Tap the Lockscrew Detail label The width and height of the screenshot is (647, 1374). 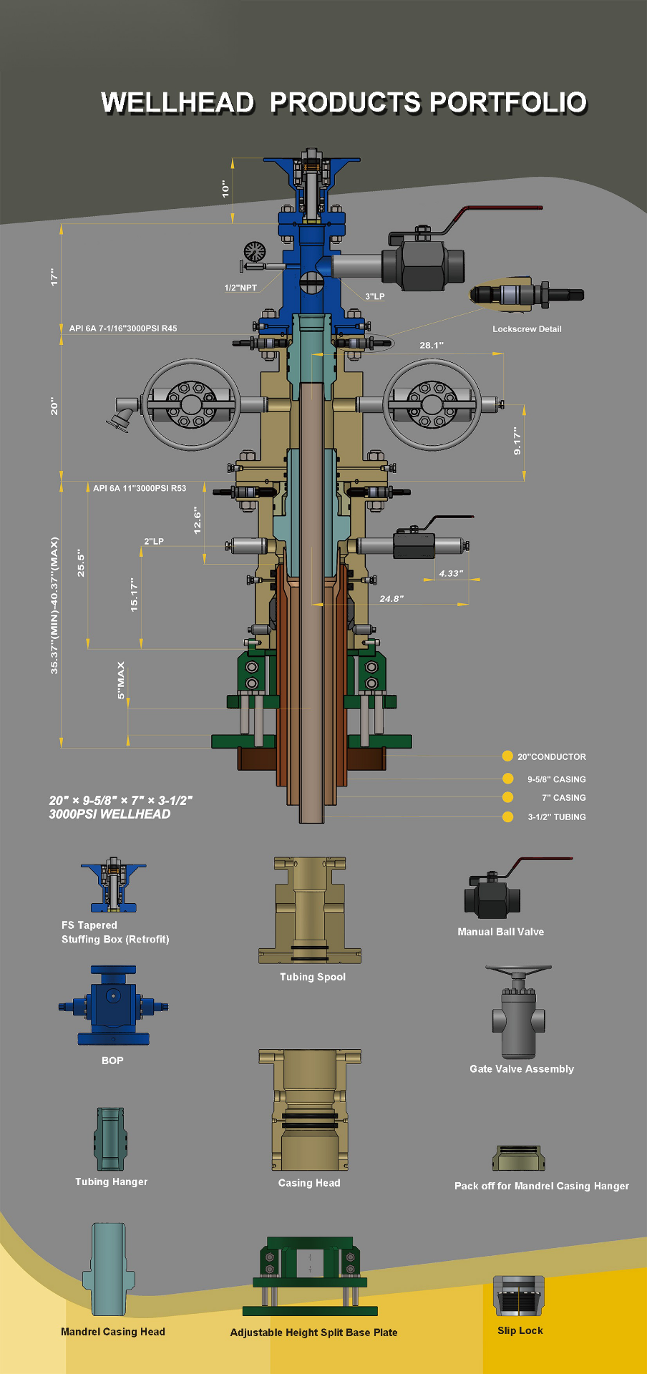[x=527, y=329]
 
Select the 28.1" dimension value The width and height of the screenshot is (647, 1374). [x=432, y=345]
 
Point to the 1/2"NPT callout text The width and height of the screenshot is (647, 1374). [x=240, y=288]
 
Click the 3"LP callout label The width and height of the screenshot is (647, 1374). [x=375, y=296]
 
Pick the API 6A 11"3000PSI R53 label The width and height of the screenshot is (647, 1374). [x=140, y=488]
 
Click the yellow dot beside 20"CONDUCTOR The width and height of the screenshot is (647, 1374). [x=507, y=756]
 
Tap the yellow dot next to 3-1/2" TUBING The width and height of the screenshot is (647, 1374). [x=507, y=817]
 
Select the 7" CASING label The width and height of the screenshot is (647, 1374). [x=564, y=798]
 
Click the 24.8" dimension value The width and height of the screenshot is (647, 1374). [x=391, y=598]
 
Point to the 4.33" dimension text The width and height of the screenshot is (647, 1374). [x=451, y=573]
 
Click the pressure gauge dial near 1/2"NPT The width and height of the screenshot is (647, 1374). [x=255, y=251]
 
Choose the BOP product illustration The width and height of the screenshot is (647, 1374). [x=113, y=1005]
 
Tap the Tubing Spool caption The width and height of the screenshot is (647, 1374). [x=313, y=977]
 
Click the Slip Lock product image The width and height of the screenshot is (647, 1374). [x=519, y=1296]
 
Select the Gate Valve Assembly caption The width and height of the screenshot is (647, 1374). [x=522, y=1068]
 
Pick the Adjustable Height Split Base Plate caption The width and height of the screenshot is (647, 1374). [x=313, y=1332]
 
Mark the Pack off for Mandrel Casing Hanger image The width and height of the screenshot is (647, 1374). [x=519, y=1159]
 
